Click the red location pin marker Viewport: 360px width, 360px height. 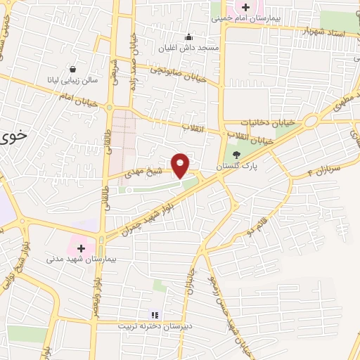pos(181,165)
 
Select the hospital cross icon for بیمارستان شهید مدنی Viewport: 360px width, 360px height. pos(81,247)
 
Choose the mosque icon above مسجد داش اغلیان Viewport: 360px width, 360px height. pos(188,37)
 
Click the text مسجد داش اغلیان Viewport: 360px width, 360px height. pos(188,47)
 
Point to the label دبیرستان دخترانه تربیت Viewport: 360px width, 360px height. pos(155,327)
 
